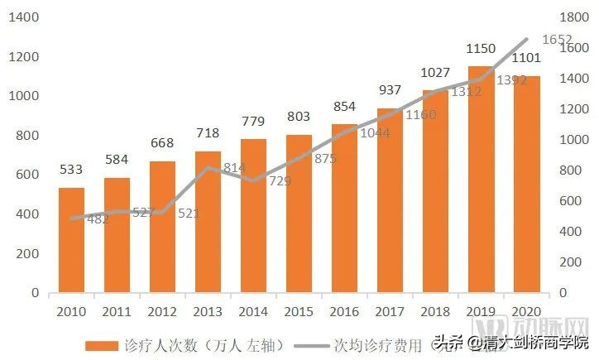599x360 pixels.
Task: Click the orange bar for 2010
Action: (x=70, y=240)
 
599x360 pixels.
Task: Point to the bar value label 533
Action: (x=70, y=170)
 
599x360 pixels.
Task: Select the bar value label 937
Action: (x=390, y=90)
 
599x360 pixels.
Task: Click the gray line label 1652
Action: (x=557, y=40)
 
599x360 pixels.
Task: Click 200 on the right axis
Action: (x=570, y=262)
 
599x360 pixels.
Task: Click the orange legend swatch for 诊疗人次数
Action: (x=102, y=343)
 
